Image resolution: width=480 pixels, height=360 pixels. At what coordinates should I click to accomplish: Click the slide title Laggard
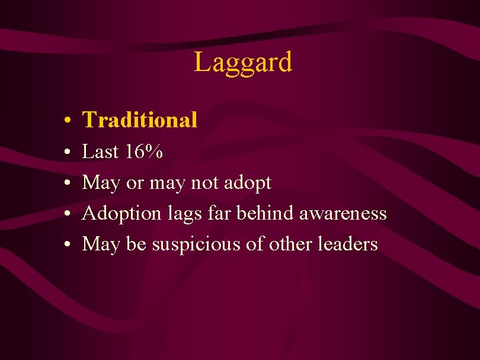(243, 62)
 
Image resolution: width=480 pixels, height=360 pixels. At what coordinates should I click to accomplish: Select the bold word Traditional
(140, 120)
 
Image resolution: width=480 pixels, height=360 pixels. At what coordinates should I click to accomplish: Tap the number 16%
(145, 152)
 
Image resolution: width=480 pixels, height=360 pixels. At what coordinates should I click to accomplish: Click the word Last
(101, 152)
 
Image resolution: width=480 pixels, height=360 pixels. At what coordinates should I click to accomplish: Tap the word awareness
(343, 214)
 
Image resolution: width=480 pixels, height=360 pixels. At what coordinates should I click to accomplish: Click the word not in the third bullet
(204, 183)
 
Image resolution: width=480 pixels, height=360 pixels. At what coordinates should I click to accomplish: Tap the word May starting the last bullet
(101, 245)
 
